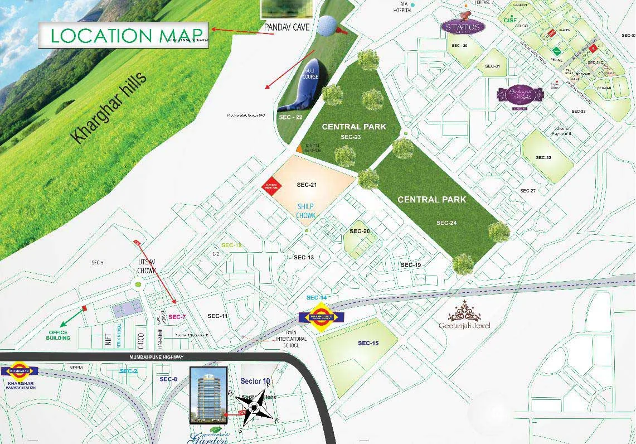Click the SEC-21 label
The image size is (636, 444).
(307, 185)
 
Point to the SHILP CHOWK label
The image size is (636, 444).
(306, 211)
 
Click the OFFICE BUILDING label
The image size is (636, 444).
(59, 335)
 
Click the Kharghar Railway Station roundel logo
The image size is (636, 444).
(20, 370)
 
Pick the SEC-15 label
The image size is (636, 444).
(368, 343)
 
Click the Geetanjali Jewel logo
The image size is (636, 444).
(464, 316)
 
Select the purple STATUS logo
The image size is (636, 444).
(463, 27)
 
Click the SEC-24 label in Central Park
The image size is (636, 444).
(446, 223)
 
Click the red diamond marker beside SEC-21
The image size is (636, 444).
(270, 186)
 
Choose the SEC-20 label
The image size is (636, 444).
(360, 231)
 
